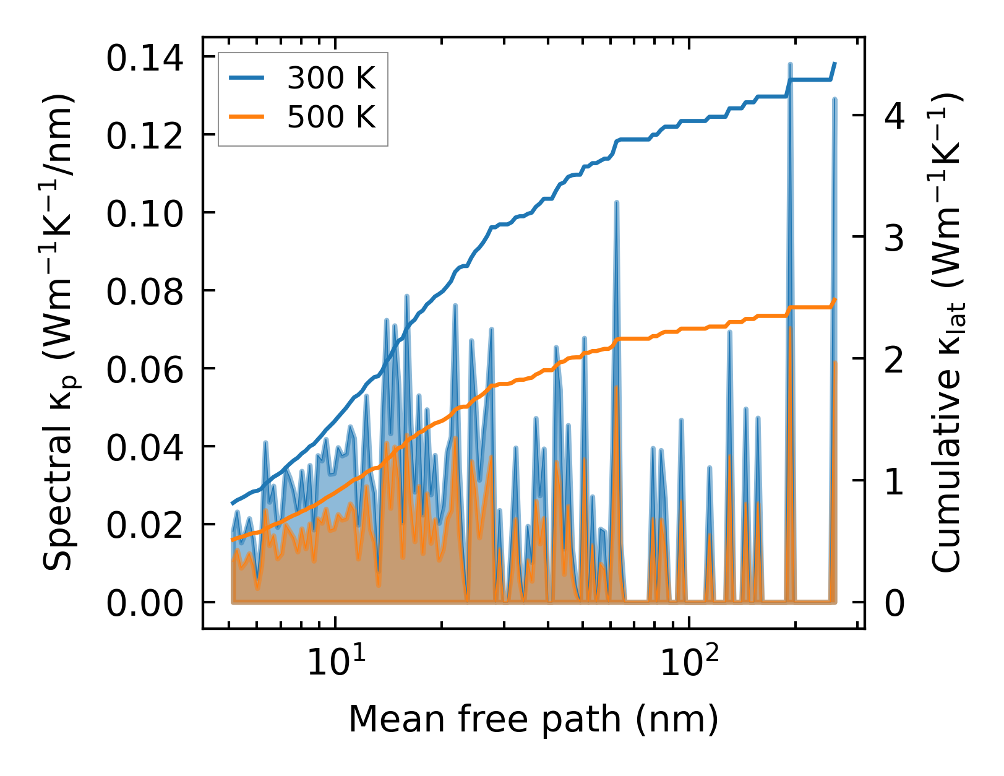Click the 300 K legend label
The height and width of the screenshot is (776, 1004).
[331, 78]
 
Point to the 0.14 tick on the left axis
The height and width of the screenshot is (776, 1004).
[145, 60]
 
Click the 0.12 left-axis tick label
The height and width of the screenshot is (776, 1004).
[145, 136]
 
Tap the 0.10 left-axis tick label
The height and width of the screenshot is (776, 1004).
[145, 213]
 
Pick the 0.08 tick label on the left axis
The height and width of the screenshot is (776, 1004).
[145, 291]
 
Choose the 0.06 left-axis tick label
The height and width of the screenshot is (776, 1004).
[145, 369]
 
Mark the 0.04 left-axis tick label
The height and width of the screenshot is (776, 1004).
[145, 447]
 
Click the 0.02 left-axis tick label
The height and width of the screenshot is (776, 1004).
[145, 525]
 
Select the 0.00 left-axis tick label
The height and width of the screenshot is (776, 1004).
[145, 603]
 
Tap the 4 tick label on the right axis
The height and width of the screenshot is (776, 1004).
[895, 116]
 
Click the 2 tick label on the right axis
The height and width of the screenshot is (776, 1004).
[895, 360]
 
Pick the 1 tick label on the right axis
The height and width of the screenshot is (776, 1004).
[895, 481]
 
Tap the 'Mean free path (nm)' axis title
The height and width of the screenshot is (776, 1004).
[533, 720]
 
